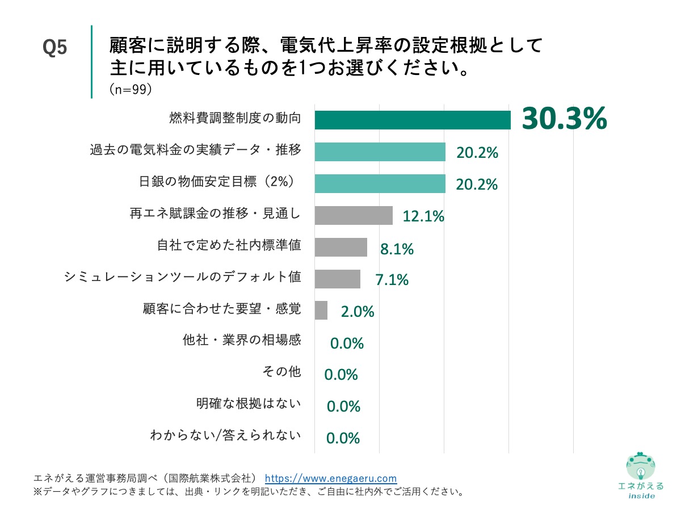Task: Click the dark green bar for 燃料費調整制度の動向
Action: (x=413, y=120)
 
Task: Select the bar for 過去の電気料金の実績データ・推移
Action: (x=380, y=152)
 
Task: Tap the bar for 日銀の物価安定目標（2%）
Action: (x=380, y=183)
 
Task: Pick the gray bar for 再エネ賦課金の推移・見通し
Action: (x=353, y=215)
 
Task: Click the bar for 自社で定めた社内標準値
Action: (x=340, y=247)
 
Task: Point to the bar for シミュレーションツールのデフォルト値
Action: (x=337, y=279)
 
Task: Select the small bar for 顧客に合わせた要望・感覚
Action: (x=321, y=311)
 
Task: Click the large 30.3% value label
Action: (x=564, y=119)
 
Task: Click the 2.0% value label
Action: (x=358, y=312)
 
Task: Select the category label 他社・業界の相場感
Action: (x=242, y=340)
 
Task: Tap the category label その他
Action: (x=281, y=372)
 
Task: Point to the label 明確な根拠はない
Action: (x=249, y=404)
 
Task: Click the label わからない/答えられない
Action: (x=225, y=435)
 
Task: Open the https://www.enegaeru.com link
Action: (x=331, y=478)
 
